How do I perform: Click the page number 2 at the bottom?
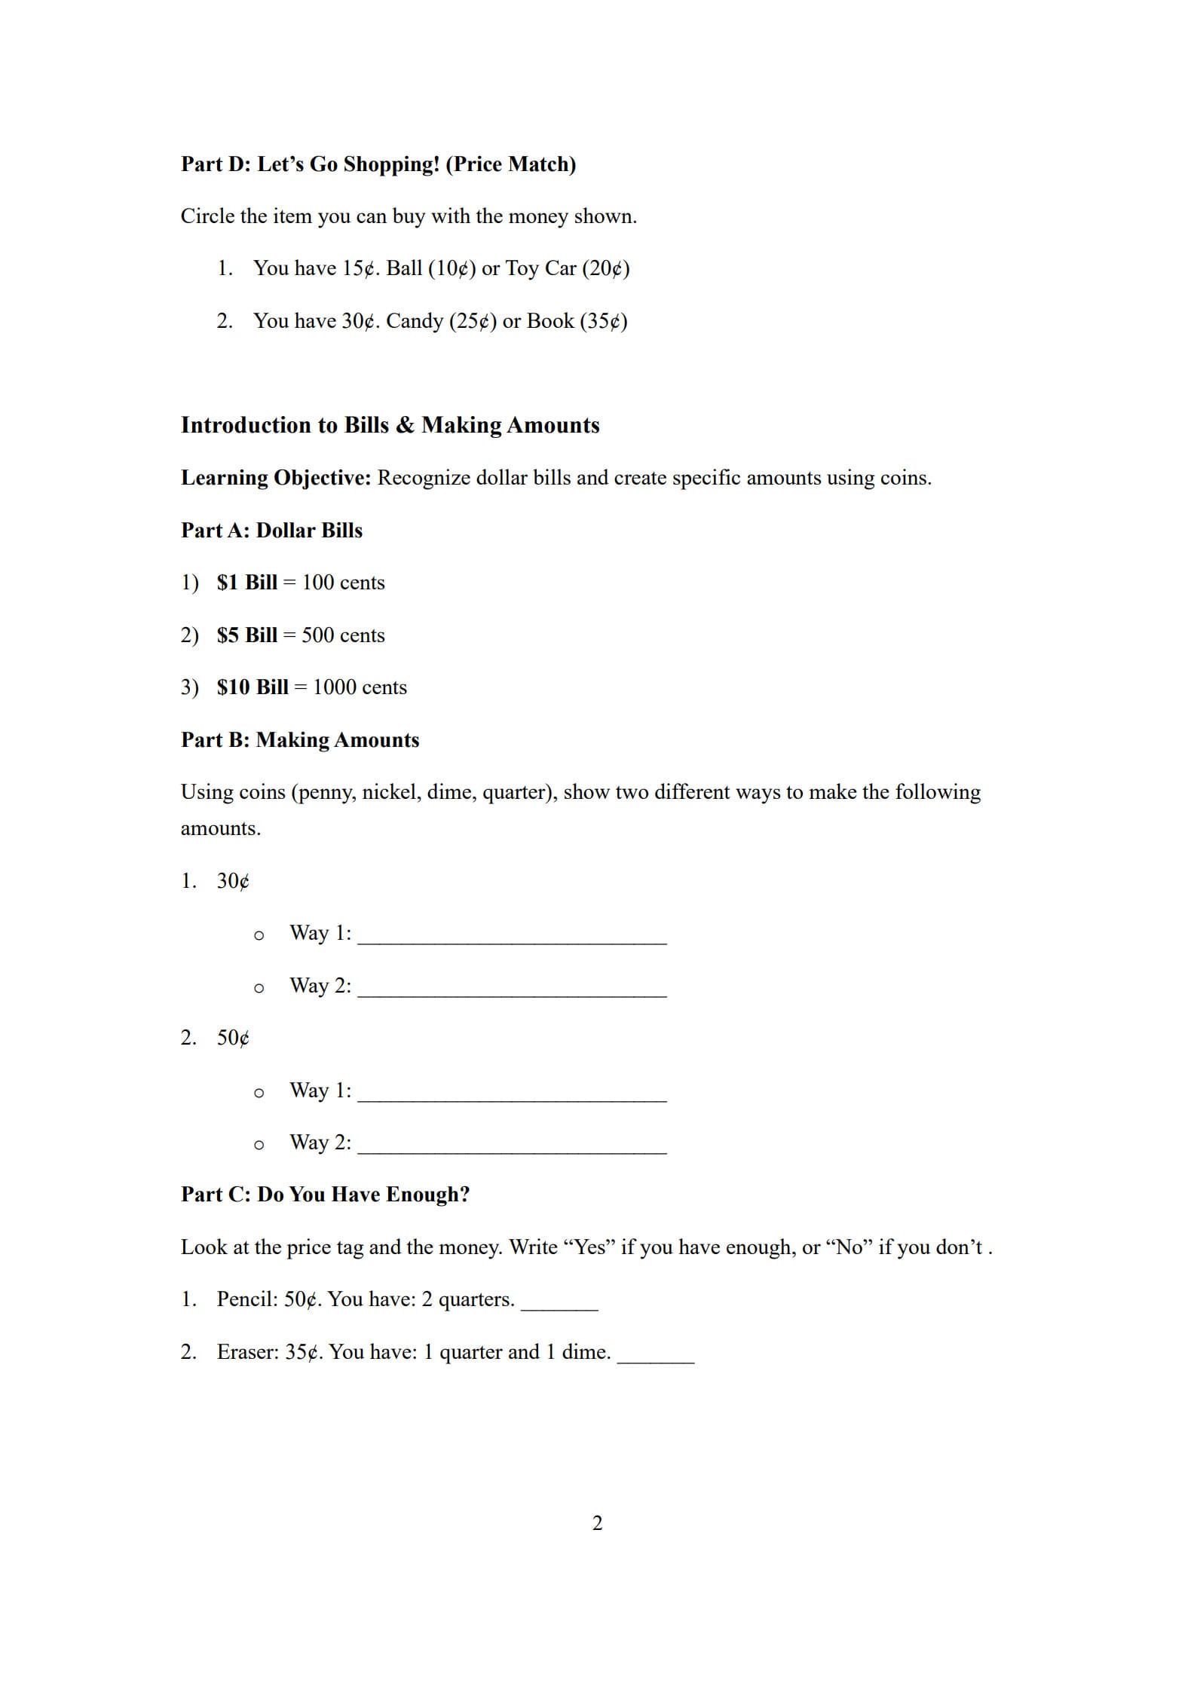coord(597,1523)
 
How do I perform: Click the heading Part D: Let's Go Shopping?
coord(378,164)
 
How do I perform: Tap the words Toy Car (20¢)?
coord(567,268)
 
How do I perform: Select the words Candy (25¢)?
coord(441,321)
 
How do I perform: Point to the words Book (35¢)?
coord(577,321)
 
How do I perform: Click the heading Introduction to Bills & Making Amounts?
coord(390,425)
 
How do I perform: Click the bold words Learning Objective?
coord(275,478)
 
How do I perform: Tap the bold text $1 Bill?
coord(246,583)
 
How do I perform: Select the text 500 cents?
coord(343,635)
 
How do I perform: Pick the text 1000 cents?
coord(360,687)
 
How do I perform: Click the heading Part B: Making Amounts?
coord(299,740)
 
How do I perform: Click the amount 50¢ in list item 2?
coord(233,1038)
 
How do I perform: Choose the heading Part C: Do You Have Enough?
coord(325,1195)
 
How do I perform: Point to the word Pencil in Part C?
coord(246,1299)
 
